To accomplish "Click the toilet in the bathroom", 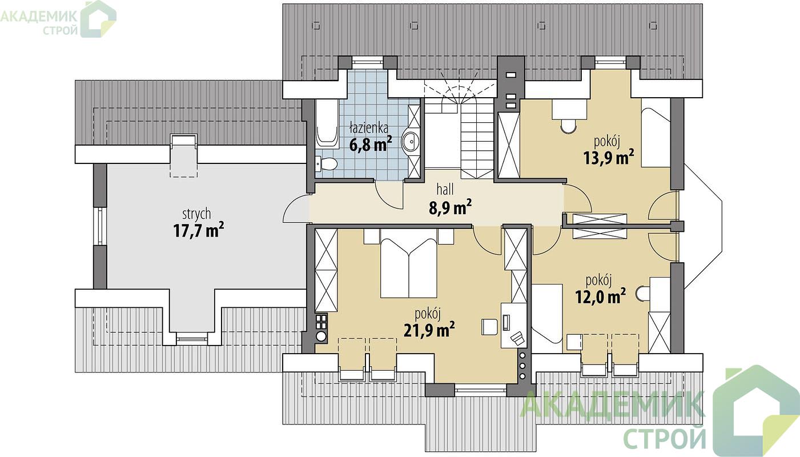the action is pyautogui.click(x=326, y=165).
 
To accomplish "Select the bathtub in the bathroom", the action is pyautogui.click(x=327, y=123).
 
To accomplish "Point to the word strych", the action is pyautogui.click(x=196, y=214).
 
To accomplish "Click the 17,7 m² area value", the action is pyautogui.click(x=199, y=230).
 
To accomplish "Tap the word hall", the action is pyautogui.click(x=445, y=190).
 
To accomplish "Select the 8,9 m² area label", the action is pyautogui.click(x=451, y=207).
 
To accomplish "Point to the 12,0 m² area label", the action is pyautogui.click(x=600, y=296).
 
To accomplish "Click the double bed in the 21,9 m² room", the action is pyautogui.click(x=409, y=264).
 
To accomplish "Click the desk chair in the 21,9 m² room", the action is pyautogui.click(x=489, y=327).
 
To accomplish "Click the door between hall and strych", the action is pyautogui.click(x=296, y=209).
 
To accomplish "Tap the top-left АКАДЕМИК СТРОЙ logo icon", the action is pyautogui.click(x=98, y=19).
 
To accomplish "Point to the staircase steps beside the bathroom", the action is pyautogui.click(x=477, y=139).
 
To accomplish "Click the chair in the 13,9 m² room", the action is pyautogui.click(x=568, y=126).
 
